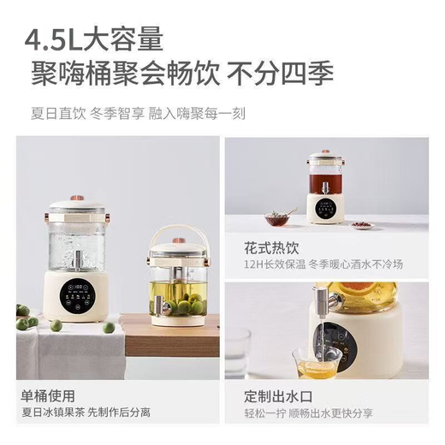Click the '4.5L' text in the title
pyautogui.click(x=53, y=39)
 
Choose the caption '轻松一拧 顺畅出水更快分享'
pyautogui.click(x=303, y=414)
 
